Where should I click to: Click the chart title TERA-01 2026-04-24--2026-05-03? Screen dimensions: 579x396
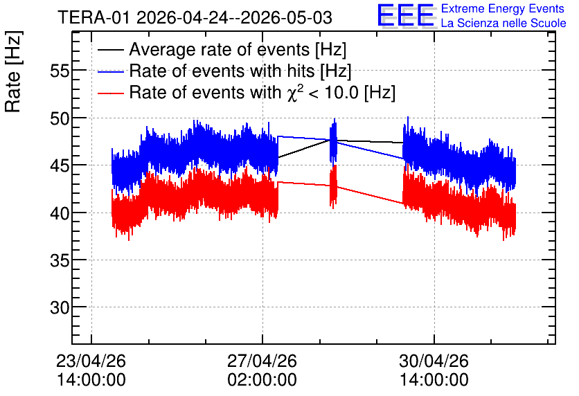[x=195, y=18]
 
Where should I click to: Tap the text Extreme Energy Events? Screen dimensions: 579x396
[x=503, y=8]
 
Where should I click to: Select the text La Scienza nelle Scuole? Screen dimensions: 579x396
[x=504, y=23]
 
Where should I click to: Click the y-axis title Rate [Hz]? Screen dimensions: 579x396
[x=13, y=71]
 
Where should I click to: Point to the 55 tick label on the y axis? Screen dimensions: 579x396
[x=60, y=71]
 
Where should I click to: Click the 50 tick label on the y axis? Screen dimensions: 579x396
[x=60, y=118]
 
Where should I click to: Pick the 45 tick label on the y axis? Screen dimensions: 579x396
[x=60, y=165]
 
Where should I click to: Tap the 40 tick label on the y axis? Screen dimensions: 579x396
[x=60, y=213]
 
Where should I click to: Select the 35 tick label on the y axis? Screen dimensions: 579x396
[x=60, y=260]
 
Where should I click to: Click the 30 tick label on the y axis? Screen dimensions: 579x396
[x=60, y=307]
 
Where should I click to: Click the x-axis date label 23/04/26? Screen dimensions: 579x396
[x=91, y=361]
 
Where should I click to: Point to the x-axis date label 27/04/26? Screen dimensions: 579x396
[x=262, y=361]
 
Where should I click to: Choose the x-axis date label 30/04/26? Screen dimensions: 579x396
[x=434, y=361]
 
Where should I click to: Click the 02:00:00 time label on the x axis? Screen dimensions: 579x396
[x=262, y=380]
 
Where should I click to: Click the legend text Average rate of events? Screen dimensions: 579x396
[x=220, y=49]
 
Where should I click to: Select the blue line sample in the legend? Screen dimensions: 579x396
[x=110, y=72]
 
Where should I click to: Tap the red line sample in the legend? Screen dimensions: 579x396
[x=110, y=93]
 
